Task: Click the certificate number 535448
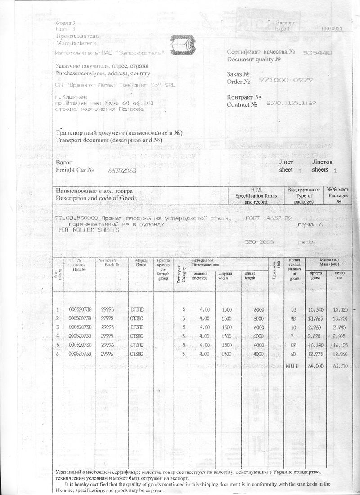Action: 318,53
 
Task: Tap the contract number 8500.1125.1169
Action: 291,103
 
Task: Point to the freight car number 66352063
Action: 122,171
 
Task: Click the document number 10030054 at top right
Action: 332,28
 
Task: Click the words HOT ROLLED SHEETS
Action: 89,230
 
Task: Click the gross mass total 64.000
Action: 316,366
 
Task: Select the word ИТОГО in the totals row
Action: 292,366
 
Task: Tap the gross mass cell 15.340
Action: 316,309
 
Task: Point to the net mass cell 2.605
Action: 340,336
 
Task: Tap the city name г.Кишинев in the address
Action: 73,97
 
